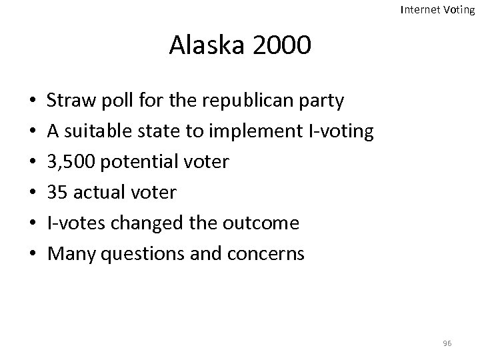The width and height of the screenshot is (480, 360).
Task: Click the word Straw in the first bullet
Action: [67, 101]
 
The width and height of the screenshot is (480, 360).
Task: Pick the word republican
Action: [236, 101]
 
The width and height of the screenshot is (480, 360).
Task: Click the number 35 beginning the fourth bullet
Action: [57, 193]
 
